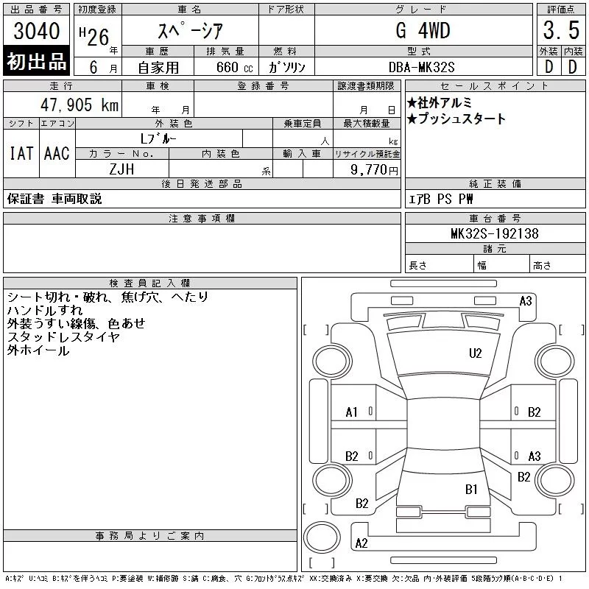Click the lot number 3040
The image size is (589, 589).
[36, 31]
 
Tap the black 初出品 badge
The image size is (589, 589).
[36, 61]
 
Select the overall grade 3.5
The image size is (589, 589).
[561, 30]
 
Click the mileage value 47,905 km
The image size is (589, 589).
[80, 105]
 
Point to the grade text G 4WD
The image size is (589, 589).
[423, 30]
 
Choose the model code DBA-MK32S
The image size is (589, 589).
[421, 67]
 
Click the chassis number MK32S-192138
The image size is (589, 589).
[494, 233]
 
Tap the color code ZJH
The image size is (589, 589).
[121, 169]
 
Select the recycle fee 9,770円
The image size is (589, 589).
[374, 170]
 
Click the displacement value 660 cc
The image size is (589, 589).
[234, 67]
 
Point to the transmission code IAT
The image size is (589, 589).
[21, 153]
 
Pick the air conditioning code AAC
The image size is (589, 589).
[57, 153]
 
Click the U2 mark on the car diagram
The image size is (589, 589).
[475, 353]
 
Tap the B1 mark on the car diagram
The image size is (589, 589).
[471, 490]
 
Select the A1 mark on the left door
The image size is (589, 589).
[351, 412]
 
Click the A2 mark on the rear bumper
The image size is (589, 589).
[361, 543]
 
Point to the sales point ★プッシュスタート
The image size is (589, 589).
[456, 119]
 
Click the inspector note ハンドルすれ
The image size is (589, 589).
[45, 310]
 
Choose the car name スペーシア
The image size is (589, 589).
[191, 30]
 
